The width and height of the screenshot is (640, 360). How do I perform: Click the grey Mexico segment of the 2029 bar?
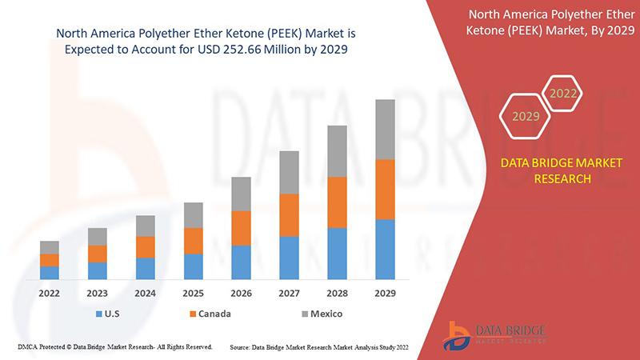[385, 130]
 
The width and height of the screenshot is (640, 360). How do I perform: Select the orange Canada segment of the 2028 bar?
[337, 202]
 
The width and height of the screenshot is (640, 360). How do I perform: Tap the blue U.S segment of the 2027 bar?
[289, 258]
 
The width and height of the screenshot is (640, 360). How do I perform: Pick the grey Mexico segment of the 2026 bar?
[241, 194]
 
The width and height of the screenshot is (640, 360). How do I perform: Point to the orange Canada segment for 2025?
[193, 241]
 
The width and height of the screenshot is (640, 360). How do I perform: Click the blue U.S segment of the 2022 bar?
[50, 272]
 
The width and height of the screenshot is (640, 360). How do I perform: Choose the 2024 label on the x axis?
[145, 294]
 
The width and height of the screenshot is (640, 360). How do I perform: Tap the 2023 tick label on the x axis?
[98, 294]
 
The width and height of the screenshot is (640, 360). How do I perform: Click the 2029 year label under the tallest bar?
[385, 294]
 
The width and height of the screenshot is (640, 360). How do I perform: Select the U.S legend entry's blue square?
[99, 314]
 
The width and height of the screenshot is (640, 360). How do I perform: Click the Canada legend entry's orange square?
[192, 314]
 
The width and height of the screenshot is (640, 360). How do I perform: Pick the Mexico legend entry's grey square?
[304, 314]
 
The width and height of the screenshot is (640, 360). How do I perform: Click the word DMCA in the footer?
[28, 347]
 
